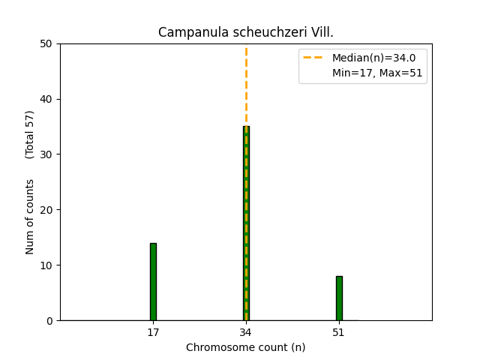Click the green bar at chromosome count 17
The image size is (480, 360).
(153, 282)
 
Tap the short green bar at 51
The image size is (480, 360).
(339, 298)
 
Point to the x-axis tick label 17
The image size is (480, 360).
(153, 332)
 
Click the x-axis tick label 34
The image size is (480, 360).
(246, 332)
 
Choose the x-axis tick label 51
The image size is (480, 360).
(339, 332)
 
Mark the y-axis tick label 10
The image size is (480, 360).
(49, 265)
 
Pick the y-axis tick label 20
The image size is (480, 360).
(49, 210)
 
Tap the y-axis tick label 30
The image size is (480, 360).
(49, 154)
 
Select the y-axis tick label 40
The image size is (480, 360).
(49, 99)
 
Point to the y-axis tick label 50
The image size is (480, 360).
(49, 43)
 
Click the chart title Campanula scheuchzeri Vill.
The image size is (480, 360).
(246, 32)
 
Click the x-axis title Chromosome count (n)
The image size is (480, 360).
(246, 347)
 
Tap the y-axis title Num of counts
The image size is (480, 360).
(30, 217)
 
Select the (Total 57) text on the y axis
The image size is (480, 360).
(30, 134)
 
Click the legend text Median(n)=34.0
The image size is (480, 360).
(373, 58)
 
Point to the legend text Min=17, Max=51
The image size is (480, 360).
(377, 73)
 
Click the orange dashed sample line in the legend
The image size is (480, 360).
(315, 58)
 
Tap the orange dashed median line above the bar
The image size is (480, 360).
(246, 82)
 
